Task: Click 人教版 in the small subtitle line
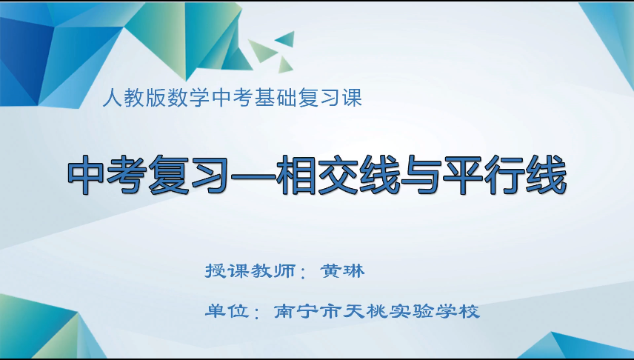click(x=133, y=99)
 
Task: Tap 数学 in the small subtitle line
click(x=187, y=99)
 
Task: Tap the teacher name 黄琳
click(x=343, y=271)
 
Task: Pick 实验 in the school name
click(x=413, y=310)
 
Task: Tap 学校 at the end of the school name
click(x=460, y=310)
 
